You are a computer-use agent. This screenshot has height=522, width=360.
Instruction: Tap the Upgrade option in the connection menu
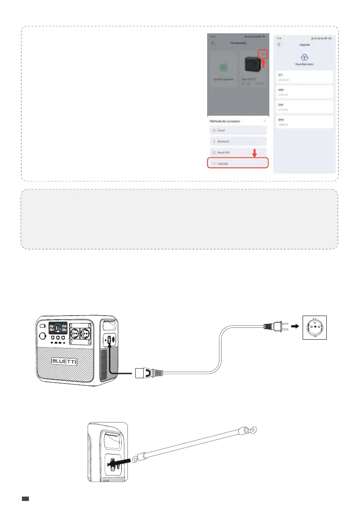[x=237, y=163]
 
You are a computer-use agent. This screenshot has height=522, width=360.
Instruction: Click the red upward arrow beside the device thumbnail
[x=263, y=64]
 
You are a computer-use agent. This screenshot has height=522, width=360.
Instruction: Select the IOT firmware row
[x=305, y=77]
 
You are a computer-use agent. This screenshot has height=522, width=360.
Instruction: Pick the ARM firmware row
[x=305, y=92]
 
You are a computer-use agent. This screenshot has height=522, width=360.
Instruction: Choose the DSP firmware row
[x=305, y=107]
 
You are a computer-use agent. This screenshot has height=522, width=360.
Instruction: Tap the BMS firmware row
[x=305, y=121]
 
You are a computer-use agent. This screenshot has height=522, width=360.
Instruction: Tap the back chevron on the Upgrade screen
[x=279, y=45]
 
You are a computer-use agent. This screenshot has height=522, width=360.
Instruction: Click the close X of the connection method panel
[x=264, y=120]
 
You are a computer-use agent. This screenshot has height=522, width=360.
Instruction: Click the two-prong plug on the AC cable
[x=275, y=327]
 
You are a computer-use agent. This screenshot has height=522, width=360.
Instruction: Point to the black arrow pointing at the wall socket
[x=296, y=327]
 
